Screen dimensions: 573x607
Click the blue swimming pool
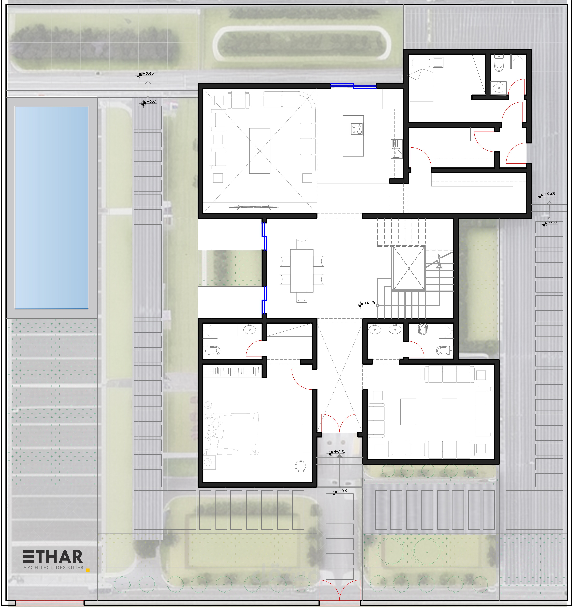(52, 207)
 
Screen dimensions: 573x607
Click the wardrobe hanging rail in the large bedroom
(232, 371)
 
